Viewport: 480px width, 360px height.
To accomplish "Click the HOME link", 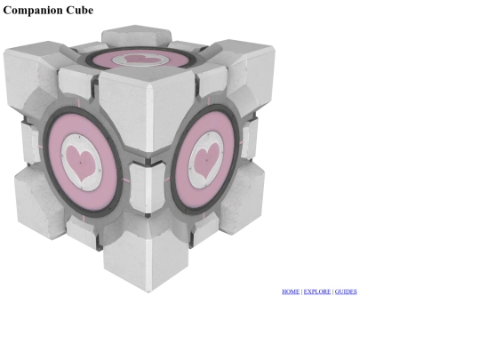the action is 291,292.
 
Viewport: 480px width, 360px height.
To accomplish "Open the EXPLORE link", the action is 317,292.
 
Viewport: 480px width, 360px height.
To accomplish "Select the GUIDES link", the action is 346,292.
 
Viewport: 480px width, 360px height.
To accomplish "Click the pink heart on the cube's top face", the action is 140,58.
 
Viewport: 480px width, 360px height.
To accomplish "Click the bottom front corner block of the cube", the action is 147,260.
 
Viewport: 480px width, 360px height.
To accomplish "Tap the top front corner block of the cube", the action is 147,108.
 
